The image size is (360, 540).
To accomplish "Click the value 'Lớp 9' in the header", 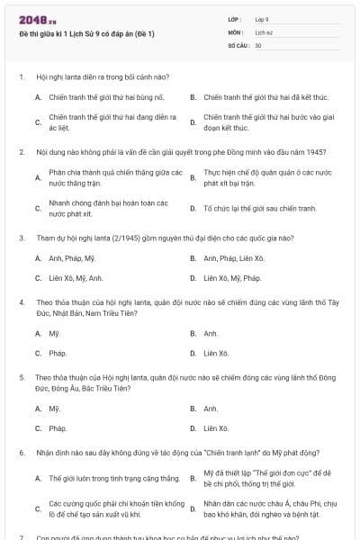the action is (x=262, y=19).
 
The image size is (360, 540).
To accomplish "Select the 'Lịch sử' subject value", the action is (x=263, y=31).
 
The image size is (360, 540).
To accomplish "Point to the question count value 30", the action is (x=258, y=44).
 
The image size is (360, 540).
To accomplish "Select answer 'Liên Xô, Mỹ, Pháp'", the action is (x=232, y=278).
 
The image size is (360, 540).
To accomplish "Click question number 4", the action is (x=21, y=303).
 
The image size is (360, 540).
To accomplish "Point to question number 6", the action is (x=21, y=454).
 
